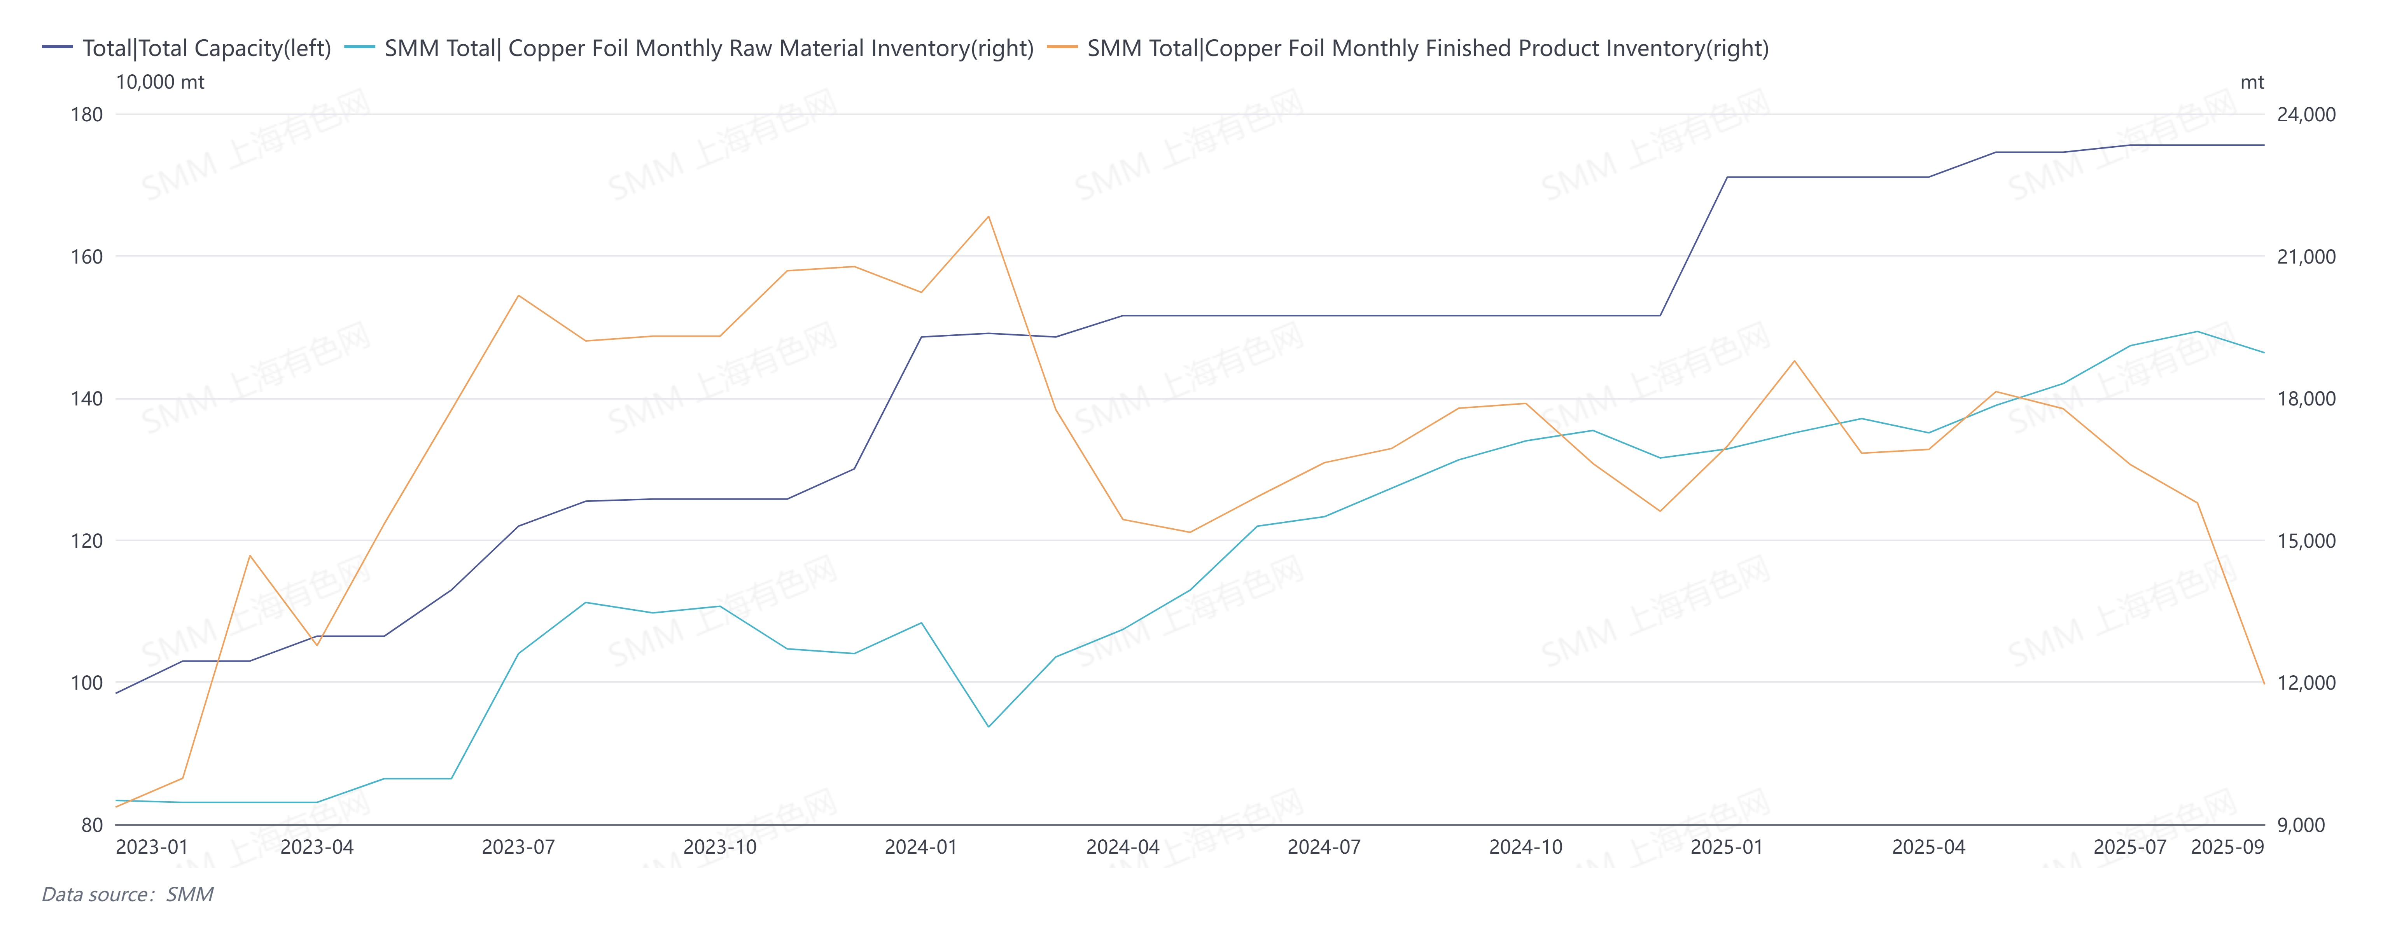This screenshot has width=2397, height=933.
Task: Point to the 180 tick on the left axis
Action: coord(87,114)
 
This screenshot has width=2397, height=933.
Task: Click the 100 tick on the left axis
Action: coord(87,683)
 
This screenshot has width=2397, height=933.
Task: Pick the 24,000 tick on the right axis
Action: coord(2306,114)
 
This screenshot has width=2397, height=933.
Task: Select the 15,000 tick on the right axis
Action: coord(2306,540)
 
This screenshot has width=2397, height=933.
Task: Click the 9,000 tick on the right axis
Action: coord(2300,825)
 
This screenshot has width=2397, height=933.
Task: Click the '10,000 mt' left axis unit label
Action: coord(160,82)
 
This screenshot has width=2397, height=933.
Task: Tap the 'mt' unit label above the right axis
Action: coord(2252,82)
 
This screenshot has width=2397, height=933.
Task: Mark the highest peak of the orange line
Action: coord(988,217)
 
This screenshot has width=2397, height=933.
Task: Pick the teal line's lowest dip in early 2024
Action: coord(988,727)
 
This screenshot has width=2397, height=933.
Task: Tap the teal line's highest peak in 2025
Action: coord(2197,331)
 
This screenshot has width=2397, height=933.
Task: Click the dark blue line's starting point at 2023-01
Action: coord(116,693)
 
